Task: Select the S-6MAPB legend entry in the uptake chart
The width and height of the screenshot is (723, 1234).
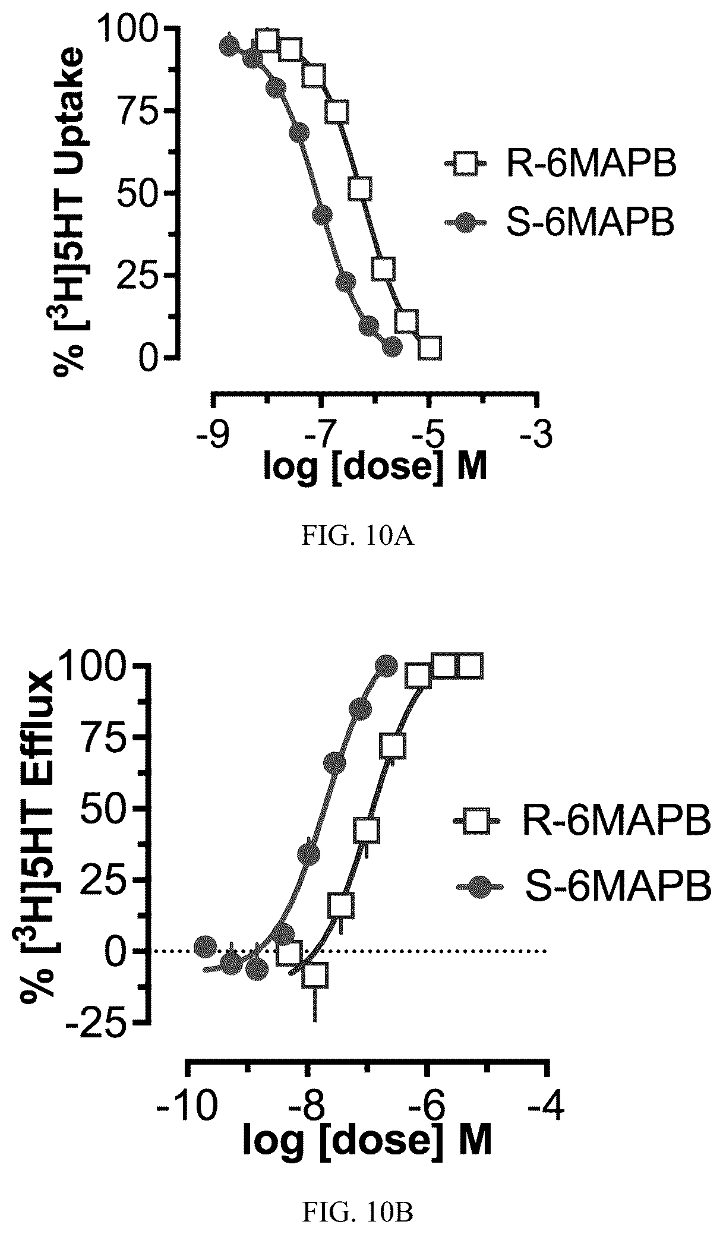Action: (560, 224)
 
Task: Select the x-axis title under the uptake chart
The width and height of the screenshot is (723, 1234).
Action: (375, 468)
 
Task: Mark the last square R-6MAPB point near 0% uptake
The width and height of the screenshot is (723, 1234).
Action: (430, 348)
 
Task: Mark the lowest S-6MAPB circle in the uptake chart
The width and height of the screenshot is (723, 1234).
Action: (392, 346)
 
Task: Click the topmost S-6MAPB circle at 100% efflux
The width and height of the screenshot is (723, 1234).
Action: (386, 666)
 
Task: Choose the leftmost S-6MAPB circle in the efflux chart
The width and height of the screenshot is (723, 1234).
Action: (205, 945)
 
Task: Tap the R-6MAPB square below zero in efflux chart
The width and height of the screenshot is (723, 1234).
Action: (314, 975)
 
